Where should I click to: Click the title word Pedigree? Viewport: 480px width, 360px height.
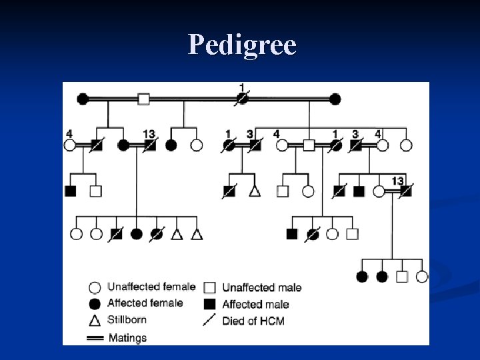pos(241,45)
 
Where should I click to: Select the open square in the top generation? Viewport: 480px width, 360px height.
pos(143,99)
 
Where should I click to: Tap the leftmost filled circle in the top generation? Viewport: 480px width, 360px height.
pos(83,99)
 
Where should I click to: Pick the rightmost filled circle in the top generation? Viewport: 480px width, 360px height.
pos(335,99)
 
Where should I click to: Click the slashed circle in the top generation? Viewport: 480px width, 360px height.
pos(243,99)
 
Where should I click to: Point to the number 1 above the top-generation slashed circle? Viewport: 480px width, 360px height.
pos(242,87)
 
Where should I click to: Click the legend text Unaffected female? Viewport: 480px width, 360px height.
pos(151,287)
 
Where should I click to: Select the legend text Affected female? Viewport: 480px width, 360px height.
pos(145,303)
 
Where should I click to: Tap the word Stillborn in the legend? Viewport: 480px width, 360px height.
pos(127,320)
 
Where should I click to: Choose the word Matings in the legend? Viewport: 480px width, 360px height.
pos(127,337)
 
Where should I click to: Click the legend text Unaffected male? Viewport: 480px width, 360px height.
pos(261,288)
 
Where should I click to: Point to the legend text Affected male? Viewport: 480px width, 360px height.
pos(255,304)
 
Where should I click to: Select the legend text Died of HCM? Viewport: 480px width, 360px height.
pos(253,321)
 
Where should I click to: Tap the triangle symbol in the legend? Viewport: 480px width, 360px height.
pos(95,320)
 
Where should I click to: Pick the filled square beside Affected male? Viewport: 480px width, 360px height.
pos(209,304)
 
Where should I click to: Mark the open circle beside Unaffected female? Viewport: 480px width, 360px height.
pos(95,288)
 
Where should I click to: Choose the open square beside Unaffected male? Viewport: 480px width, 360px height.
pos(209,288)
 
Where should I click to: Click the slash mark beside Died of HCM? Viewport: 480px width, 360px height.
pos(209,321)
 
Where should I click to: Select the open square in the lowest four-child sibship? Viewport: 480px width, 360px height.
pos(402,277)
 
